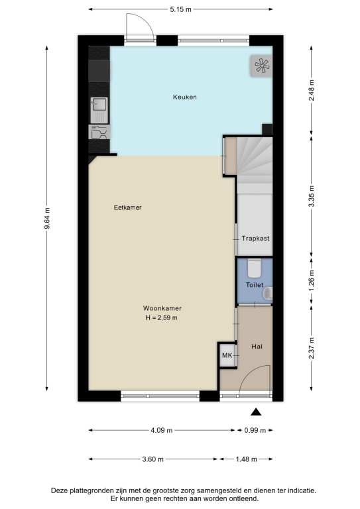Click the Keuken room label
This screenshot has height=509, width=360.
point(184,97)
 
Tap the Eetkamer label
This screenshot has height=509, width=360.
point(127,207)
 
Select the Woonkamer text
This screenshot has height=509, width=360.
point(162,308)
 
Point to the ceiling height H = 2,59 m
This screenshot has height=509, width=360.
point(161,318)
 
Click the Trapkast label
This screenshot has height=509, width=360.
point(255,239)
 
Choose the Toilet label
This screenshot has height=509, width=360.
point(255,285)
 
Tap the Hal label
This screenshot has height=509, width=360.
point(257,347)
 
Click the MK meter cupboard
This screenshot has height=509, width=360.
point(227,355)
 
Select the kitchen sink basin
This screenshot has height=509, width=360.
point(99,105)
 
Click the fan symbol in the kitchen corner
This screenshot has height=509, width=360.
point(262,66)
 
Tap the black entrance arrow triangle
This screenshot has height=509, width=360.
point(256,412)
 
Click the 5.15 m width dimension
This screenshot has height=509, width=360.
point(180,9)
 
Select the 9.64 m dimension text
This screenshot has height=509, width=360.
point(47,218)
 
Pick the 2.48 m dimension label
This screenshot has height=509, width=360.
point(311,90)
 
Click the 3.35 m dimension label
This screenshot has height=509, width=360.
point(311,196)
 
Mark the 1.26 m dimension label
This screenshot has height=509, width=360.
point(311,281)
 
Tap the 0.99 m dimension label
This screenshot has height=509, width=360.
point(255,430)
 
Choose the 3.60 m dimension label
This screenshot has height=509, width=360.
point(153,459)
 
